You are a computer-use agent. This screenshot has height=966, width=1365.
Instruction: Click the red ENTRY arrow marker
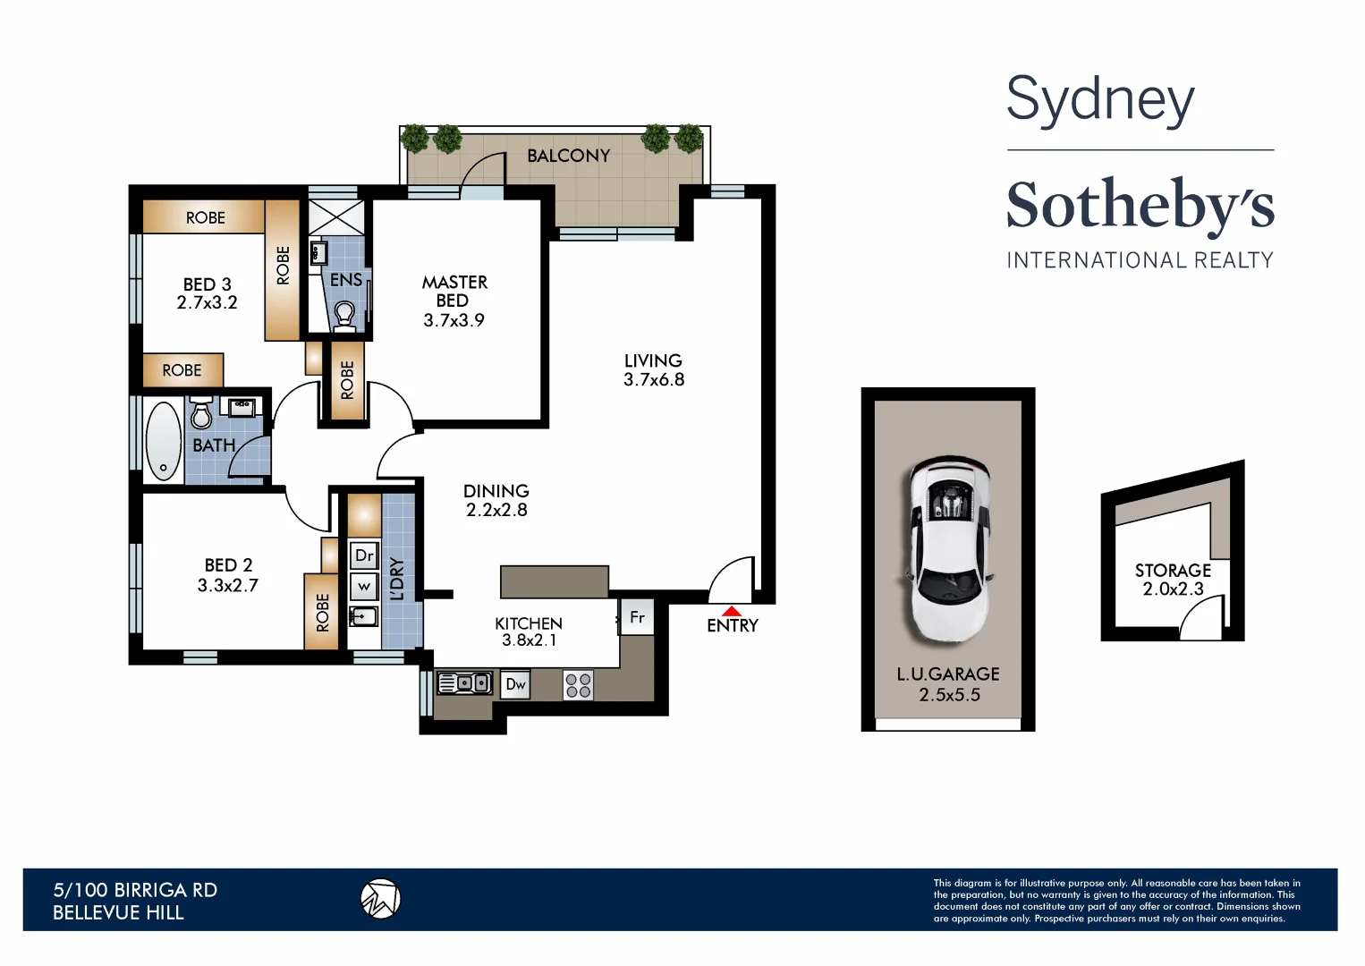click(731, 611)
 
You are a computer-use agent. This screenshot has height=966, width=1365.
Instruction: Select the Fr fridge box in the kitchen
click(637, 617)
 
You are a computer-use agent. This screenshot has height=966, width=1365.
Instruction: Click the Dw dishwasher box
click(515, 685)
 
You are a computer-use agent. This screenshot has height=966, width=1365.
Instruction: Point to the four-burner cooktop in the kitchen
click(578, 685)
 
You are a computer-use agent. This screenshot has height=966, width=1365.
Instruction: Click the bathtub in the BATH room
click(164, 441)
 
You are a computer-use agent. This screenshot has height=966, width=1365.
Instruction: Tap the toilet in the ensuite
click(344, 314)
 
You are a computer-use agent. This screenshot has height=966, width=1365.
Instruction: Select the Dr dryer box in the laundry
click(364, 555)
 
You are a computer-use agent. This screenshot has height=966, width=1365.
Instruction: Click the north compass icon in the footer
click(380, 899)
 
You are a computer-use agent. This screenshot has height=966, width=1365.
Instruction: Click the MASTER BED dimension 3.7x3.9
click(454, 320)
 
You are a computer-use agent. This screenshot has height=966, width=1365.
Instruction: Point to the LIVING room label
click(653, 360)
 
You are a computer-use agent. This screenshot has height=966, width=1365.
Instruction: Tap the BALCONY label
click(568, 156)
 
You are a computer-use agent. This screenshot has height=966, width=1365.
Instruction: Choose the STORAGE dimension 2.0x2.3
click(1173, 589)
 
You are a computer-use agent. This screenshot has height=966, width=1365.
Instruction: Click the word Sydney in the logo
click(1100, 99)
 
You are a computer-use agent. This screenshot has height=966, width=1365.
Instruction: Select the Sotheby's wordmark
click(1140, 205)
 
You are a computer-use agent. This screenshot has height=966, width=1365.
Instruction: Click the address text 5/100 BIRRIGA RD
click(135, 890)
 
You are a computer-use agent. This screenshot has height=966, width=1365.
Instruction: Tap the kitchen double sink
click(463, 683)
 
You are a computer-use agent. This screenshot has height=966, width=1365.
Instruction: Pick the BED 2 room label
click(228, 565)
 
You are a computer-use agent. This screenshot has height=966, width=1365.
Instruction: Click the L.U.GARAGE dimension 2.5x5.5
click(949, 695)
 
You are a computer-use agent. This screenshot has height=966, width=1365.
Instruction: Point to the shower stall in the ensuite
click(337, 218)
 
